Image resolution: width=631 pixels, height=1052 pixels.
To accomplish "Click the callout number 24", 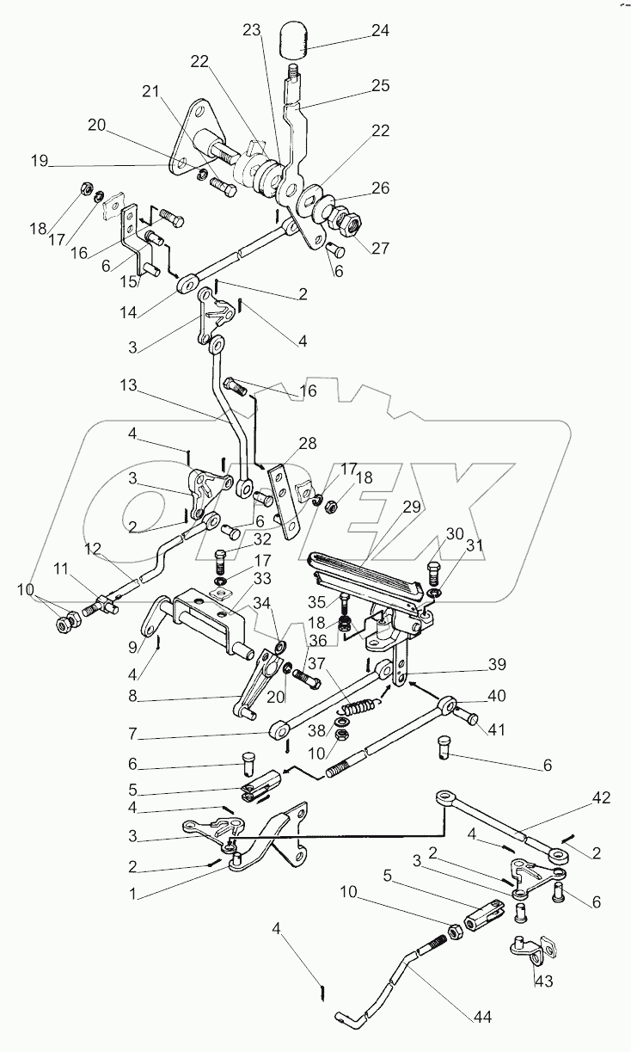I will pos(379,31).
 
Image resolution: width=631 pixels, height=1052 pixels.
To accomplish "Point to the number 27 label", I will pos(380,249).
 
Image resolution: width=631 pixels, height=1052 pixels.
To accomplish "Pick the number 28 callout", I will pos(307,445).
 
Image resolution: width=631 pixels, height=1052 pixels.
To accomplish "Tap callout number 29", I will pos(412,508).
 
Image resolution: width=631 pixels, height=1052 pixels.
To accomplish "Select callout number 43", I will pos(542,981).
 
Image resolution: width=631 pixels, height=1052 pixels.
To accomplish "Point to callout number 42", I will pos(600,798).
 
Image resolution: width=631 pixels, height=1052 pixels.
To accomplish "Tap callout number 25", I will pos(379,86).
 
